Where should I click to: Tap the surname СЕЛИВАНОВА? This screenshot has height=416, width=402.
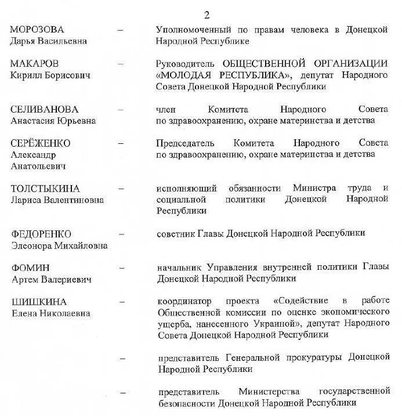44,109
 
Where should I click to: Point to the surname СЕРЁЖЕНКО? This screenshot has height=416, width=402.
41,143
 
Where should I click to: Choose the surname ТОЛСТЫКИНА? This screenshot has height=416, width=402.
46,189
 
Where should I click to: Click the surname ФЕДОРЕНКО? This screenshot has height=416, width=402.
41,234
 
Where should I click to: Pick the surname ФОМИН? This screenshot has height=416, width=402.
31,267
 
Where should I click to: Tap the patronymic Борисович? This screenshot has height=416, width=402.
66,75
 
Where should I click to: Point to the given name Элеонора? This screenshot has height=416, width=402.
31,245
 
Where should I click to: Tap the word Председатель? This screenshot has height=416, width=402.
185,143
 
